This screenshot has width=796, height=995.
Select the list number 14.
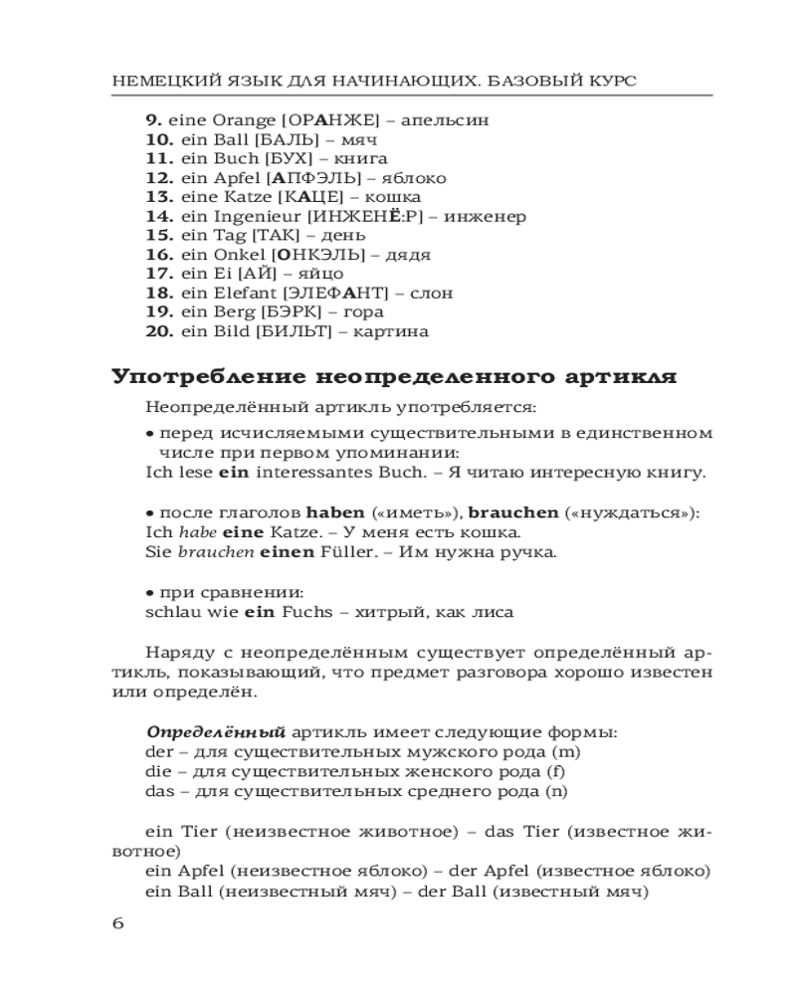click(159, 216)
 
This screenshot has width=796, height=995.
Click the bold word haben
click(335, 513)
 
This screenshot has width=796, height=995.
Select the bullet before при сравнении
click(149, 593)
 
